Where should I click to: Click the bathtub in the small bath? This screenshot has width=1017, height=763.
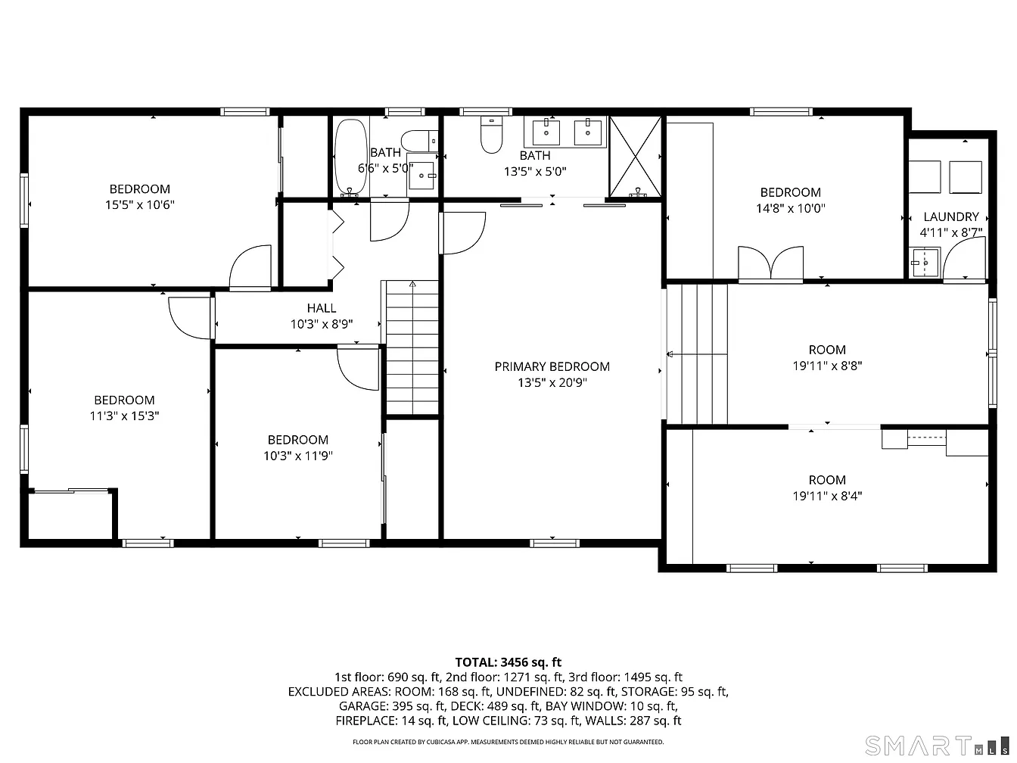click(349, 157)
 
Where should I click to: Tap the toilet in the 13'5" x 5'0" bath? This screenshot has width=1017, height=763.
click(491, 137)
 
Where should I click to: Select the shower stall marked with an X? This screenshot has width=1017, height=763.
click(636, 157)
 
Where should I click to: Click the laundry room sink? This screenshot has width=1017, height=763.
click(925, 264)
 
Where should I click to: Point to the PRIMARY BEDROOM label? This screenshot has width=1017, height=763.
click(552, 366)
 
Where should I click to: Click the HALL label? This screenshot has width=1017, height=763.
click(322, 308)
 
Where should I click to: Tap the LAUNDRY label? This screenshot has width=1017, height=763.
click(951, 216)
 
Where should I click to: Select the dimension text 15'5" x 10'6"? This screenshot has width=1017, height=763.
click(140, 204)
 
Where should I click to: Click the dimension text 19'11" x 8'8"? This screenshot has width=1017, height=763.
click(826, 365)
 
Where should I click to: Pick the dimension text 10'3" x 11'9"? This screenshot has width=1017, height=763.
click(297, 456)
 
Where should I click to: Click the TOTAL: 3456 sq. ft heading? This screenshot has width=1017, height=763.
click(508, 662)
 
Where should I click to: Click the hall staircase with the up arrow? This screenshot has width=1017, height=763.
click(412, 347)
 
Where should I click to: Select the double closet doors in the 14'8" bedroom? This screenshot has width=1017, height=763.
click(770, 264)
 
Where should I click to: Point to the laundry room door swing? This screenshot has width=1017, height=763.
click(966, 260)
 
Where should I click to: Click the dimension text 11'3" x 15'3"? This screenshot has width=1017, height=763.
click(124, 416)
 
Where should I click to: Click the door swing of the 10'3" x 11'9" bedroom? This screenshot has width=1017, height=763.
click(357, 366)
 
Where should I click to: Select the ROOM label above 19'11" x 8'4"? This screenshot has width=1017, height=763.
click(826, 480)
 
